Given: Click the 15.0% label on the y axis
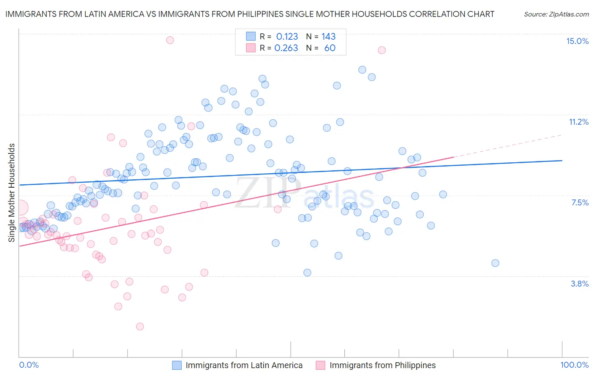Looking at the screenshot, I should [x=577, y=41].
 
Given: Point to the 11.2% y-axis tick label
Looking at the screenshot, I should [x=578, y=122].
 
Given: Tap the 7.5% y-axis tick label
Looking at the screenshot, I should [x=580, y=202].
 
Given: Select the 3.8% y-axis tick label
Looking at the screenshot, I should [x=580, y=284].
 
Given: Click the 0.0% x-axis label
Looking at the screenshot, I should [x=29, y=365].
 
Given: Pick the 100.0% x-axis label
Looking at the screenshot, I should [x=574, y=365].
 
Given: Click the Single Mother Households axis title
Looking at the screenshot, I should [x=12, y=193].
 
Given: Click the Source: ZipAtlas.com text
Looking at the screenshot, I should [x=556, y=14].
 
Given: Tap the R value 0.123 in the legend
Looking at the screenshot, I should [x=287, y=36].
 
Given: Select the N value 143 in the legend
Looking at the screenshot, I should [x=328, y=36].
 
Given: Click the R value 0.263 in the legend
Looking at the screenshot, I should [x=286, y=48].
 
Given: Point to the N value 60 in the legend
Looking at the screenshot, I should [x=330, y=48].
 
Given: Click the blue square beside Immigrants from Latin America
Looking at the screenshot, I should [x=177, y=365].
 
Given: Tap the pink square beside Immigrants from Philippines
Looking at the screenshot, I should [x=321, y=365].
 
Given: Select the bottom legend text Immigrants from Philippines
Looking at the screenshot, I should [x=382, y=365].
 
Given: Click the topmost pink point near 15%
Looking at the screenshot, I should [x=170, y=40].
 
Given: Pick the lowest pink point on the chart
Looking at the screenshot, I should [x=140, y=326].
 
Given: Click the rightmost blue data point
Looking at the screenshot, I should [x=495, y=263].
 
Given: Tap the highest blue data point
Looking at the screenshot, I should [x=362, y=70].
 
